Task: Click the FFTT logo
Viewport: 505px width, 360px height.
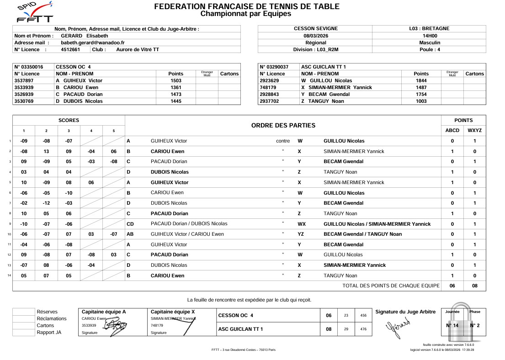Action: click(34, 13)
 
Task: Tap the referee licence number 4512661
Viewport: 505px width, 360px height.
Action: click(70, 49)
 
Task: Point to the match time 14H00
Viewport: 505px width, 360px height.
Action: click(429, 36)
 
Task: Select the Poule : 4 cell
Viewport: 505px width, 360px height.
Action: click(429, 49)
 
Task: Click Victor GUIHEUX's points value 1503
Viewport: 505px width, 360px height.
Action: click(175, 80)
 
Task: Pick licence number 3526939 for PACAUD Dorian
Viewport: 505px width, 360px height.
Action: click(27, 94)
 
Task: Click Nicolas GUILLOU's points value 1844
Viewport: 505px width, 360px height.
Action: click(421, 80)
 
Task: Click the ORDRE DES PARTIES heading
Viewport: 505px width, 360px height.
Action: click(283, 125)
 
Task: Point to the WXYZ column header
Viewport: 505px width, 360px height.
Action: click(474, 130)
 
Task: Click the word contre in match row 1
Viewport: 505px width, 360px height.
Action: click(283, 141)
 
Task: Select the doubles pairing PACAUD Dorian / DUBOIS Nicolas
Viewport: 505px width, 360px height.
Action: click(189, 224)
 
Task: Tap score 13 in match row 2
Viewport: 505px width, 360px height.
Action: click(46, 151)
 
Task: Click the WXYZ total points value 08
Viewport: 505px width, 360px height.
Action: click(474, 286)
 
